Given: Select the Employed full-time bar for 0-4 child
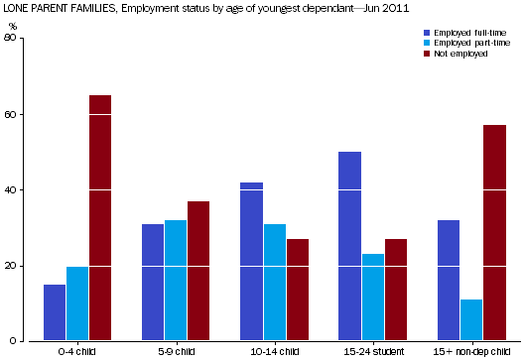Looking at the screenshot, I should click(x=55, y=312).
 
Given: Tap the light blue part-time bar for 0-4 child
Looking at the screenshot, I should click(x=77, y=303).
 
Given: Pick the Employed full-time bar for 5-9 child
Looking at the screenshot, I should click(x=153, y=283).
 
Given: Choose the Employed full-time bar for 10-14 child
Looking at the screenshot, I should click(x=251, y=262).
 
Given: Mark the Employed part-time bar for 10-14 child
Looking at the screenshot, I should click(x=274, y=283).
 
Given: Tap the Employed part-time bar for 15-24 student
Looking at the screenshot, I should click(x=372, y=298).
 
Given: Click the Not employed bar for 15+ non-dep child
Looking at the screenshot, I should click(x=494, y=233).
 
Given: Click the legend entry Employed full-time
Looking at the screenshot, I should click(x=464, y=33).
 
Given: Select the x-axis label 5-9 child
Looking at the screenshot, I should click(x=177, y=351).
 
